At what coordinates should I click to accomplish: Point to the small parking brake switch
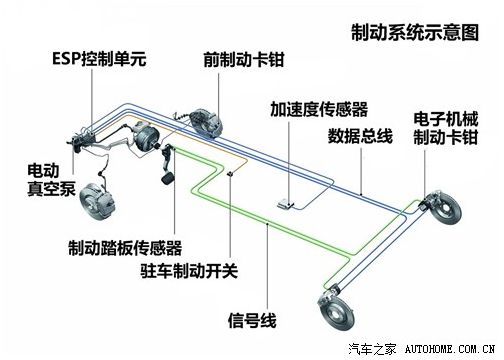(x=231, y=176)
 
